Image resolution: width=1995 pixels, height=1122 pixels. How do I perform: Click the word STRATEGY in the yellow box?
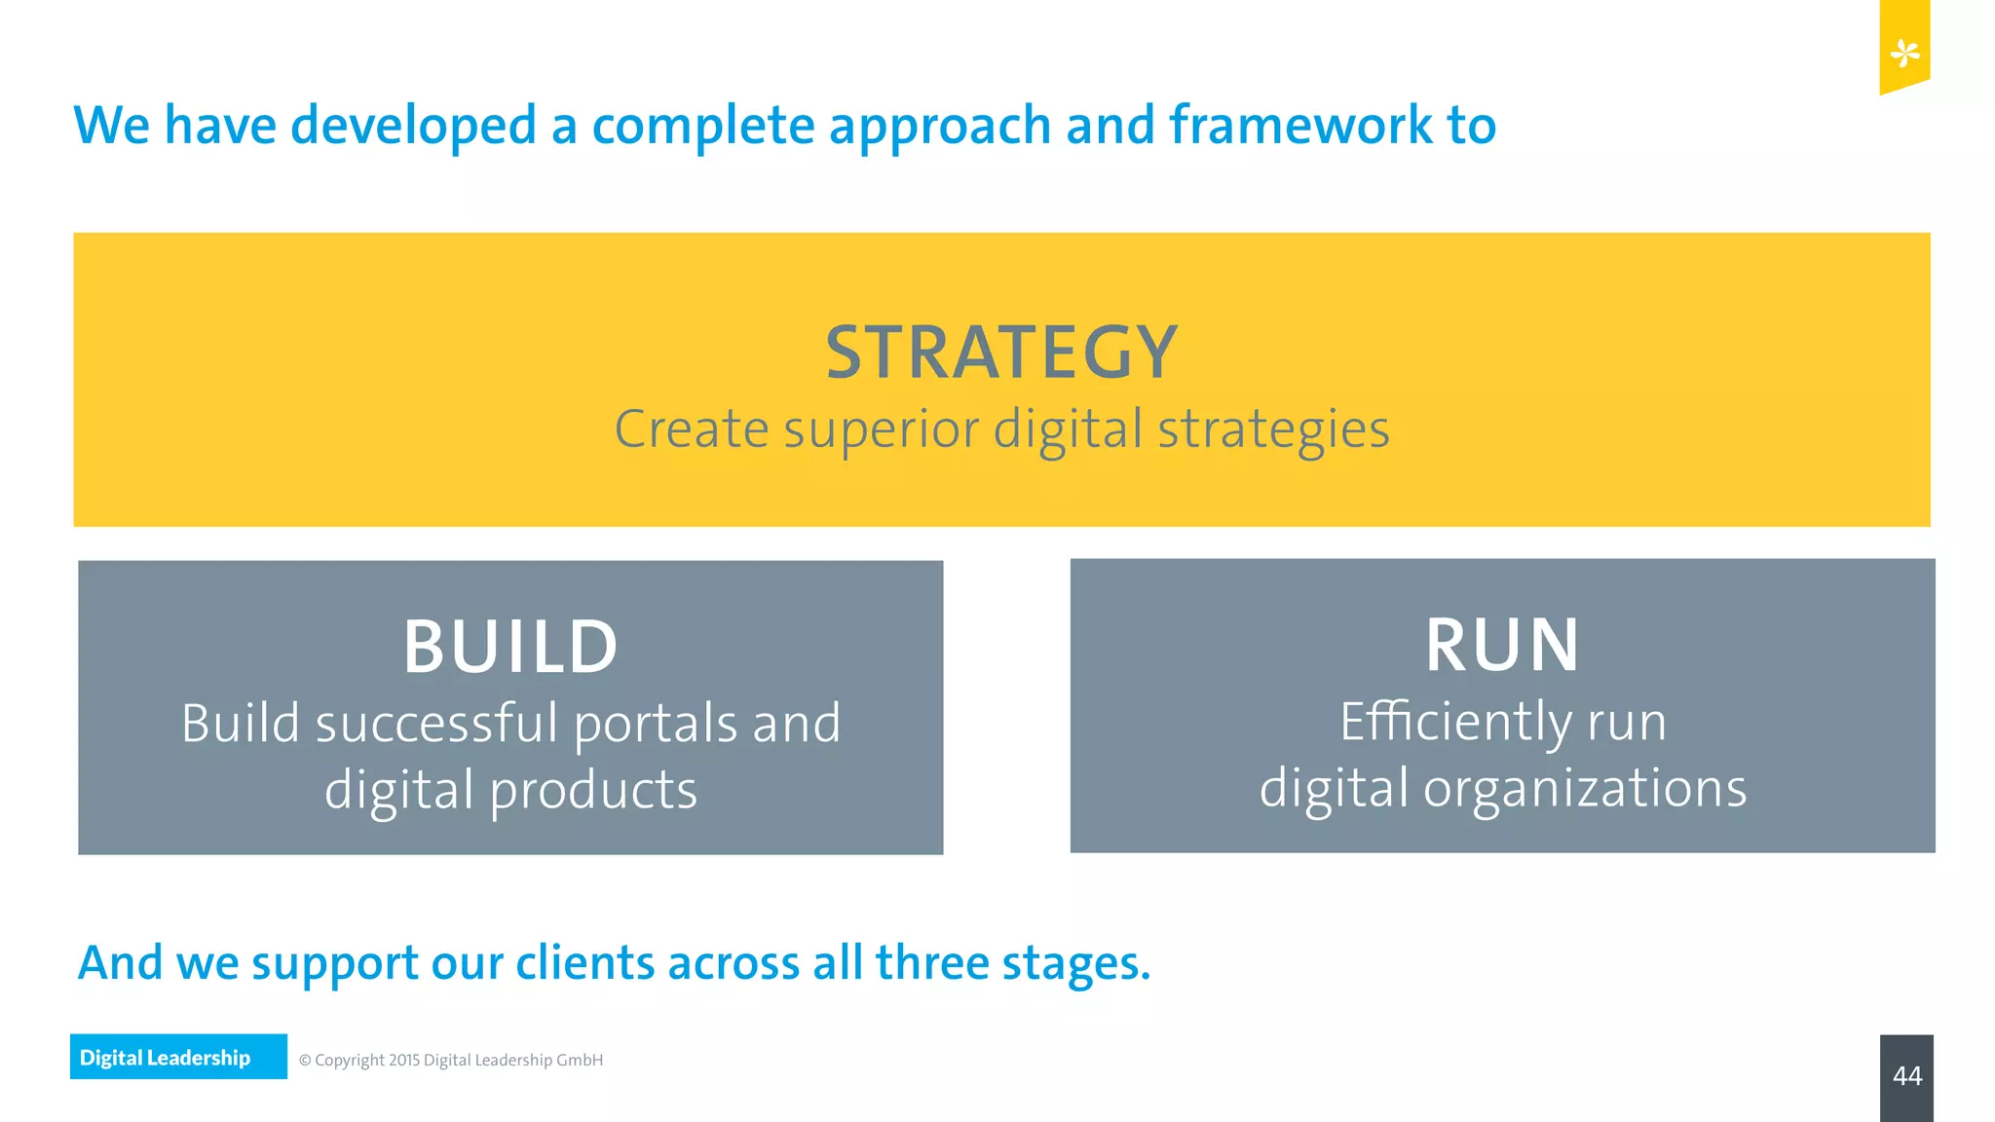(1001, 353)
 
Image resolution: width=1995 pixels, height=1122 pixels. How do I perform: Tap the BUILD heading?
(510, 647)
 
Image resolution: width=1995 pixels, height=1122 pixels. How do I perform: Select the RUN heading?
(1502, 645)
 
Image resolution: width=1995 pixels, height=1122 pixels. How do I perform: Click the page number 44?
(1906, 1076)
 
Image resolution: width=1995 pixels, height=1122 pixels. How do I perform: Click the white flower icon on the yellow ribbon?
(1904, 53)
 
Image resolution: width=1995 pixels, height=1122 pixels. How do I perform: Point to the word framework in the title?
(1300, 126)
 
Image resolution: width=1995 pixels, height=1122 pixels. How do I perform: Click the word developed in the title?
(413, 128)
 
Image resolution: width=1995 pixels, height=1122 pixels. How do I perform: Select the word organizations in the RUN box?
(1585, 789)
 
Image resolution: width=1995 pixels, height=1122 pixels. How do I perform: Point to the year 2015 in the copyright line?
(403, 1060)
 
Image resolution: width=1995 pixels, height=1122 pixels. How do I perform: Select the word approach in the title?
(939, 128)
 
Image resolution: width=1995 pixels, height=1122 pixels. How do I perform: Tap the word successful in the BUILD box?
(436, 725)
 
